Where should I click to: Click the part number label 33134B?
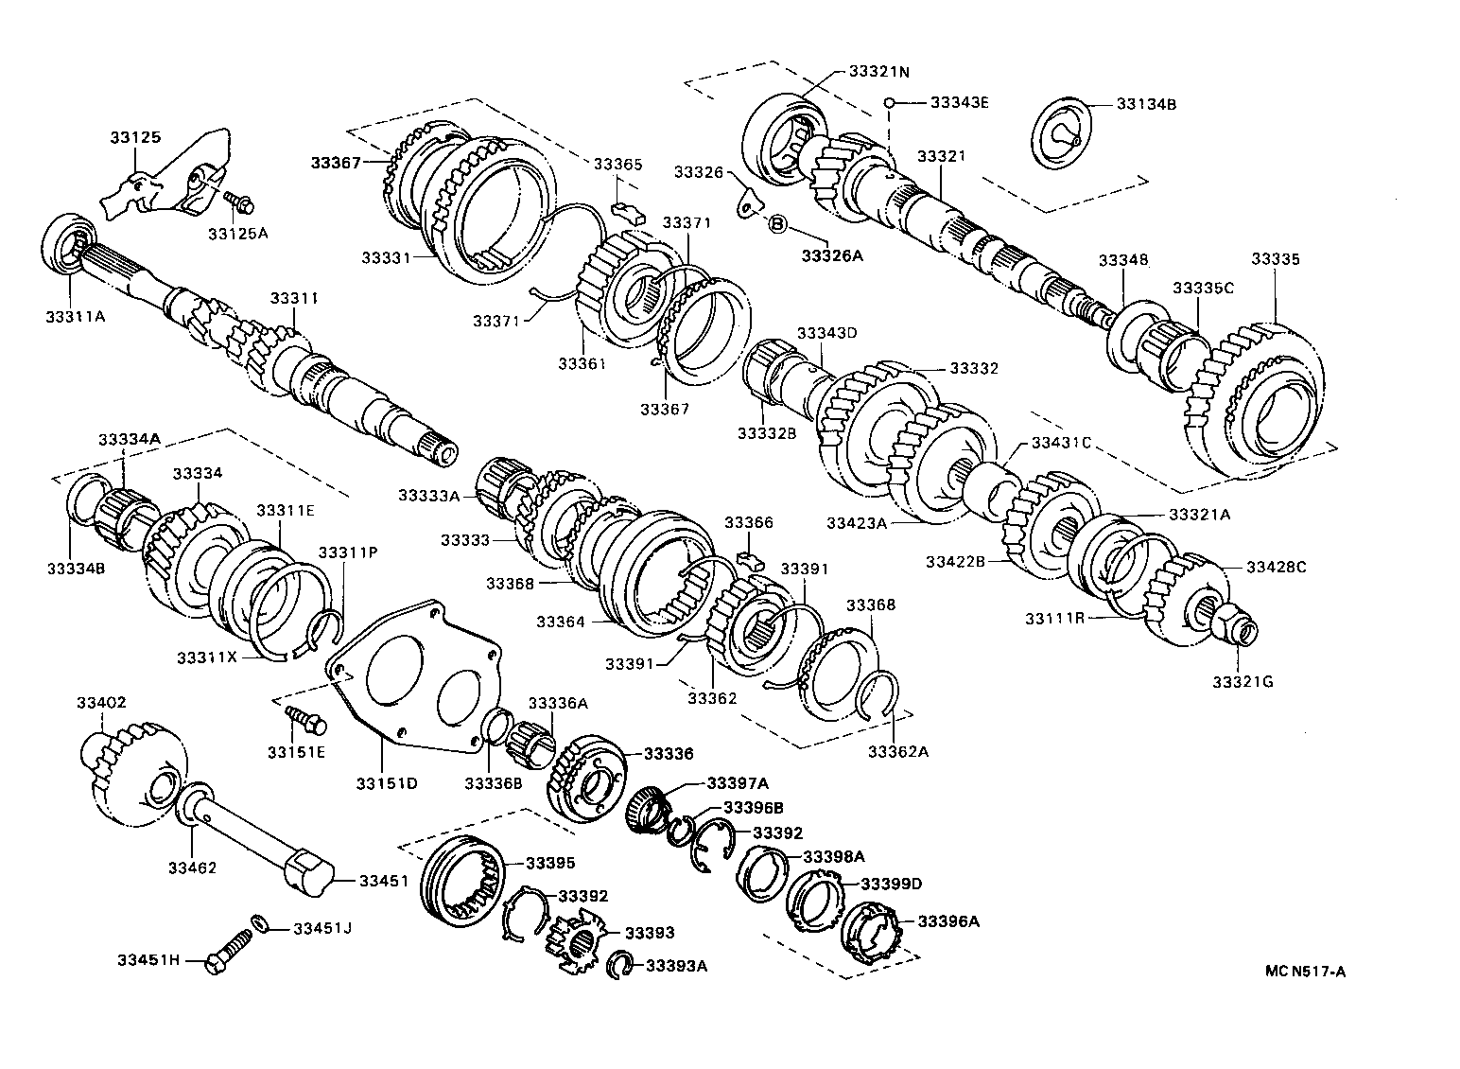tap(1146, 104)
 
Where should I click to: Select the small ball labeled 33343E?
tap(889, 102)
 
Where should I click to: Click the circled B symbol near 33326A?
tap(776, 224)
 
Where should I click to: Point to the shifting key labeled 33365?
tap(627, 209)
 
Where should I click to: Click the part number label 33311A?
tap(78, 317)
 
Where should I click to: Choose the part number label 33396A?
tap(948, 920)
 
